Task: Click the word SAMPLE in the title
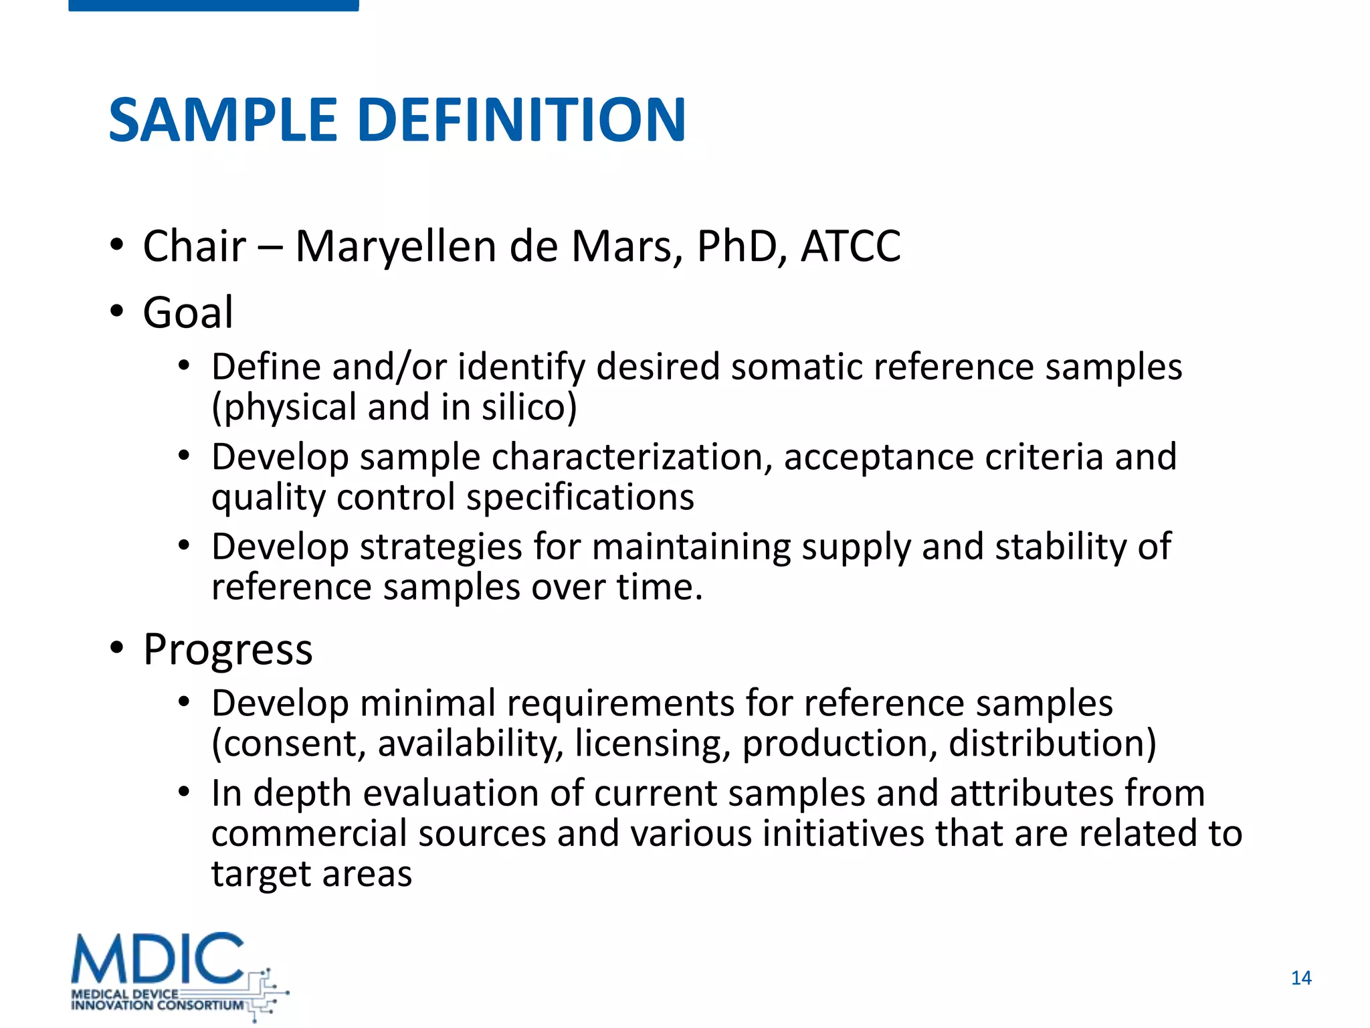[223, 120]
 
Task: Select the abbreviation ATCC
[850, 246]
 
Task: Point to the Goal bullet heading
[188, 313]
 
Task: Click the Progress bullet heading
[227, 650]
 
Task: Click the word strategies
[440, 547]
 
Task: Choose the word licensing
[652, 744]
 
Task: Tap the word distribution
[1052, 744]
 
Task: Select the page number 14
[1300, 978]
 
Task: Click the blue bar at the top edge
[213, 5]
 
